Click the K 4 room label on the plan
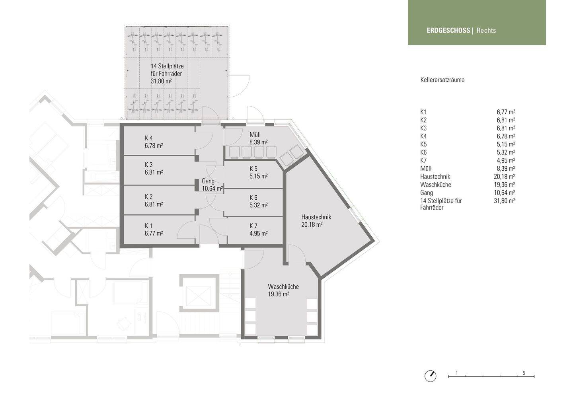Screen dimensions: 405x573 pyautogui.click(x=149, y=138)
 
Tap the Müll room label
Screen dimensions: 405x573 pyautogui.click(x=255, y=134)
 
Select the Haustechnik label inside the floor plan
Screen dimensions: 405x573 pyautogui.click(x=316, y=217)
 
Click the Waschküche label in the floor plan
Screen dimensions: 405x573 pyautogui.click(x=283, y=287)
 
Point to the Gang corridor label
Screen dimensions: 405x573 pyautogui.click(x=208, y=181)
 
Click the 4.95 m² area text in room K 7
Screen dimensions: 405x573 pyautogui.click(x=258, y=234)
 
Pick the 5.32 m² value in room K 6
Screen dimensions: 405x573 pyautogui.click(x=258, y=205)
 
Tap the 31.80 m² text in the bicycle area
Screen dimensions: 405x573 pyautogui.click(x=161, y=81)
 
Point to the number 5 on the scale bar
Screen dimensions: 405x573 pyautogui.click(x=524, y=373)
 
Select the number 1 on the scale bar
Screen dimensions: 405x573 pyautogui.click(x=457, y=373)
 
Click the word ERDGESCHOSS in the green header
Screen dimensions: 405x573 pyautogui.click(x=448, y=30)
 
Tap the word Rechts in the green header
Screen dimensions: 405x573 pyautogui.click(x=486, y=30)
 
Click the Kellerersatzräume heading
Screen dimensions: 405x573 pyautogui.click(x=442, y=80)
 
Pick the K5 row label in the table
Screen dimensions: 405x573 pyautogui.click(x=423, y=144)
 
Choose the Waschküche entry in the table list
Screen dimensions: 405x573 pyautogui.click(x=435, y=185)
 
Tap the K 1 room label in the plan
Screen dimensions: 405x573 pyautogui.click(x=149, y=226)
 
